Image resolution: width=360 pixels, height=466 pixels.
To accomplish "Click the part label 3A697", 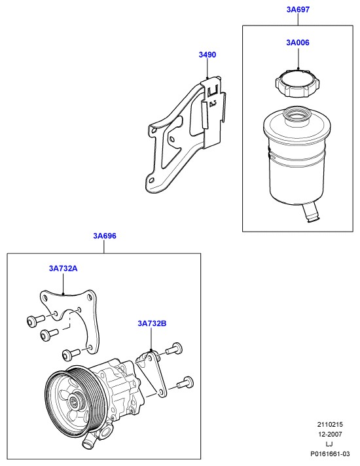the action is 298,10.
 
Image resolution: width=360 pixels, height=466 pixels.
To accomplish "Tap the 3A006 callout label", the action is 298,43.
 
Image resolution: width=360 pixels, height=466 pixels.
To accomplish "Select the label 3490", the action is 207,55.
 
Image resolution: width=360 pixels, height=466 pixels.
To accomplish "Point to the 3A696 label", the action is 104,236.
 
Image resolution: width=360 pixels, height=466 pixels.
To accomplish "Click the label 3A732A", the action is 63,268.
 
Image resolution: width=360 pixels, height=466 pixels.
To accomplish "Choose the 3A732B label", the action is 152,323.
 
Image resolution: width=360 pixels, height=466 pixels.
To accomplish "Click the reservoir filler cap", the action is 298,83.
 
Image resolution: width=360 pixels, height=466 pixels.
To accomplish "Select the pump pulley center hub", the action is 73,403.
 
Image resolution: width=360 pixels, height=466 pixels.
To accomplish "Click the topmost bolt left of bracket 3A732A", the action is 35,320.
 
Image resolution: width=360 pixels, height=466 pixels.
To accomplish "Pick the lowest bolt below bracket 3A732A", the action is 71,353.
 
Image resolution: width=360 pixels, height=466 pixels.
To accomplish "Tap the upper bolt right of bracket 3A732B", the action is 174,349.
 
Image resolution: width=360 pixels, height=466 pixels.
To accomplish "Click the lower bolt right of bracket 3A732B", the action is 185,383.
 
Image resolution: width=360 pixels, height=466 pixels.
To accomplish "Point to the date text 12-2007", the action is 330,434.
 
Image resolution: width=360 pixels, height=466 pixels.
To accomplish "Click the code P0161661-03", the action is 330,454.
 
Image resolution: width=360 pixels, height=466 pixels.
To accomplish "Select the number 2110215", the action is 330,424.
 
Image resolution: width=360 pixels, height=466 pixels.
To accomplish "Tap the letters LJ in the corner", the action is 329,444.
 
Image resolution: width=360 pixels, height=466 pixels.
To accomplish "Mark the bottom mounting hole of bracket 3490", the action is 151,180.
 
